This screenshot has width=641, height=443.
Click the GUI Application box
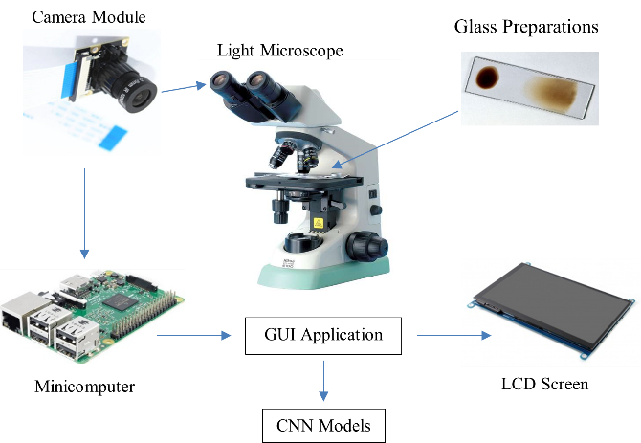(x=323, y=336)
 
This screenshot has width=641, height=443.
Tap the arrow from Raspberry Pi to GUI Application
(x=195, y=336)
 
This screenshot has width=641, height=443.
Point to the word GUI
(x=281, y=336)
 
